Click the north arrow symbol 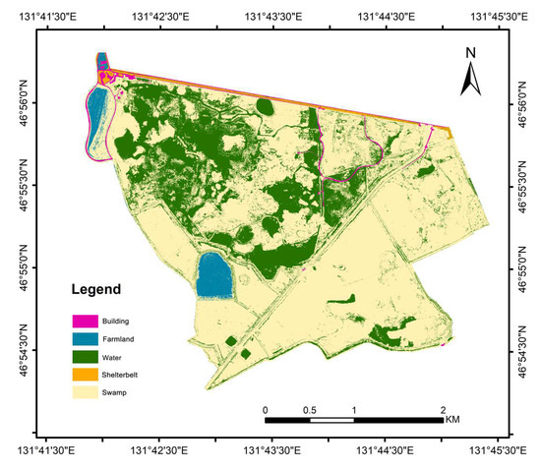click(470, 75)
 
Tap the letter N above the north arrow click(470, 52)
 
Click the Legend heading click(95, 290)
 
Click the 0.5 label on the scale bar click(309, 409)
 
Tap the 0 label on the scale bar click(265, 409)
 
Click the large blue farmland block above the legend click(214, 275)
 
